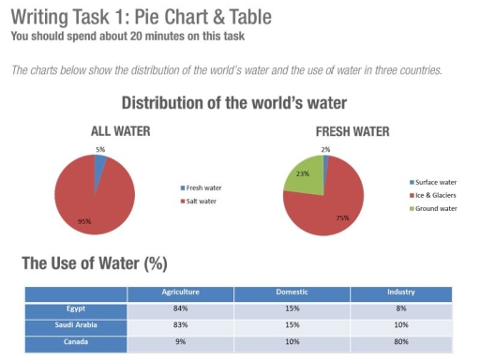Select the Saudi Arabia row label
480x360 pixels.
[x=76, y=324]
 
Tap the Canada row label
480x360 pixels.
[x=76, y=341]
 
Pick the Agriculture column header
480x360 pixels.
[x=181, y=292]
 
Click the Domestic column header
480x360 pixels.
[x=292, y=292]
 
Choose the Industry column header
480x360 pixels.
[x=401, y=292]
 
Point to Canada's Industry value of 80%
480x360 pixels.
[x=401, y=341]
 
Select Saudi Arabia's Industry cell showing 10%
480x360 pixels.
[x=401, y=324]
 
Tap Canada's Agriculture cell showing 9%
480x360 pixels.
[x=181, y=341]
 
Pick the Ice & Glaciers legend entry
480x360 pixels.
[x=434, y=194]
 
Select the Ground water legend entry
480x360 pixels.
[x=434, y=207]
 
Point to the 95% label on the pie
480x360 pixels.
[x=84, y=222]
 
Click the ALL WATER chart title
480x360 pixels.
[x=120, y=132]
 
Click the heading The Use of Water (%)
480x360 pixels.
[x=94, y=263]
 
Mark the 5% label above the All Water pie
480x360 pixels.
[x=100, y=150]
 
